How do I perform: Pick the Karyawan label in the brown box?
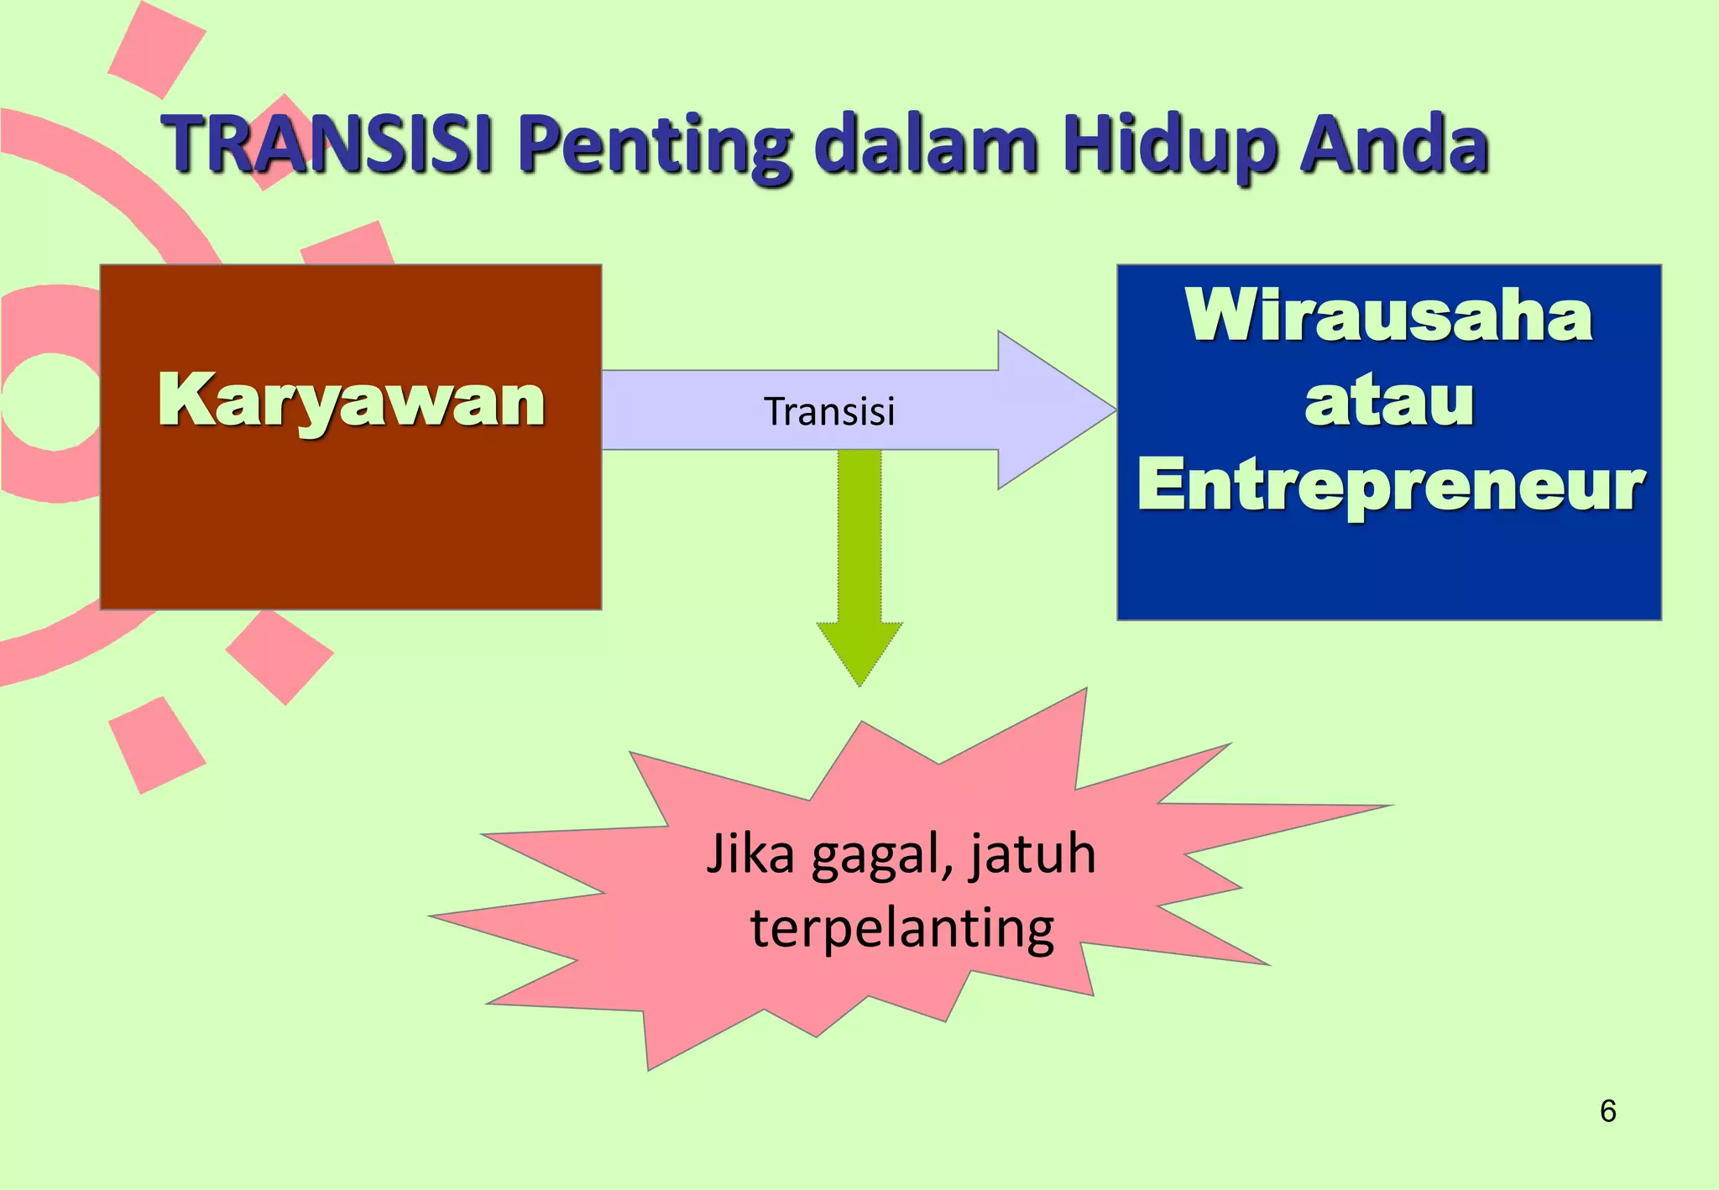point(351,400)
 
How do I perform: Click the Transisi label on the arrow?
point(829,411)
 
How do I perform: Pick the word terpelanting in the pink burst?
point(901,929)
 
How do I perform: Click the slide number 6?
point(1607,1110)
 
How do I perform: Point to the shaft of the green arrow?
point(859,537)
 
